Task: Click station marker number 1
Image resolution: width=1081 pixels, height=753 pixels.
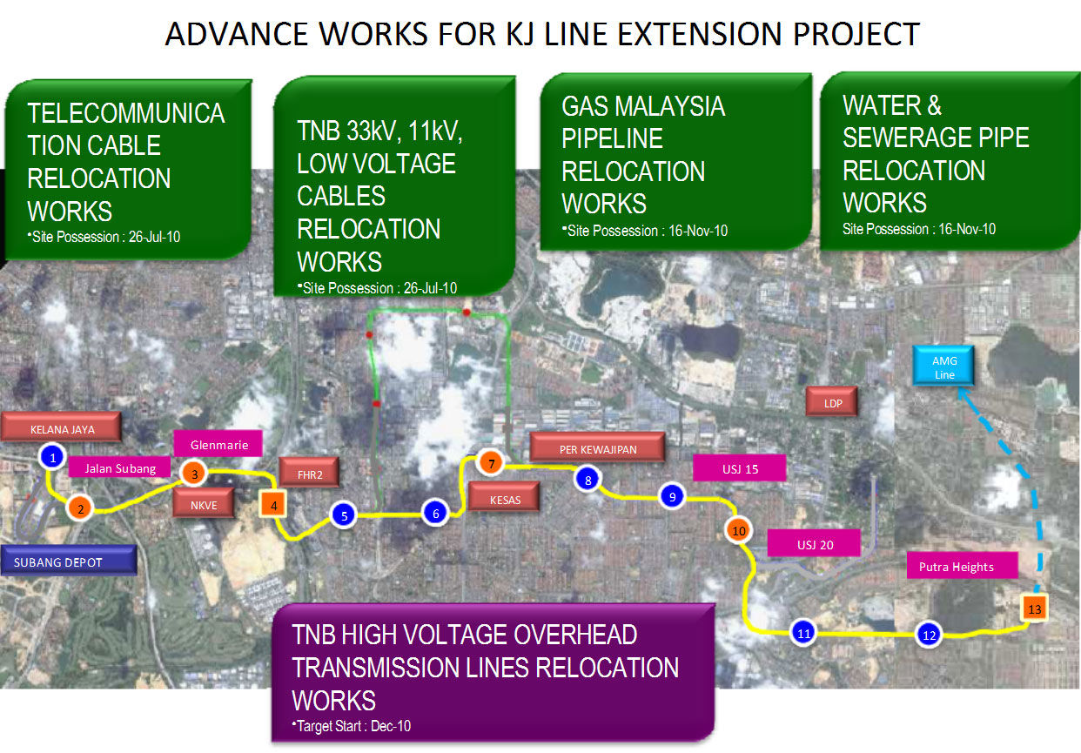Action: click(52, 457)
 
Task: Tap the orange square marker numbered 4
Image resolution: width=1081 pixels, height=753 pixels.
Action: click(273, 505)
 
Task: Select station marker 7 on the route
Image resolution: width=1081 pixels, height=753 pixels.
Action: click(491, 463)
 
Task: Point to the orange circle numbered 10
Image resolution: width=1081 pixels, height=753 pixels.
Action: click(738, 530)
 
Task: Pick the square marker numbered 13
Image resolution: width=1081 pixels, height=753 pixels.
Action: click(1035, 608)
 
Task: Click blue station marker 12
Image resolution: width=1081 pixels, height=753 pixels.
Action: click(929, 635)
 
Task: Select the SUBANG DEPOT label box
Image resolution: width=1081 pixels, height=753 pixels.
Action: click(69, 561)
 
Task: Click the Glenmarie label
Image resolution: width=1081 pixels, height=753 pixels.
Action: click(218, 444)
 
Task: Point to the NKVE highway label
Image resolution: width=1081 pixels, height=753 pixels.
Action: click(204, 504)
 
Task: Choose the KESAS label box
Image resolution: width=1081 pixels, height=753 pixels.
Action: click(505, 498)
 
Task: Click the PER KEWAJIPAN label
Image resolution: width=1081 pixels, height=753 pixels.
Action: click(597, 447)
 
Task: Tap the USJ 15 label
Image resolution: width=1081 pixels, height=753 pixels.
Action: click(739, 468)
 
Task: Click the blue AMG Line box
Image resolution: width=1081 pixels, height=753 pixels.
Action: click(943, 366)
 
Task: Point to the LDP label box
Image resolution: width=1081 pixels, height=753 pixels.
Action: click(832, 402)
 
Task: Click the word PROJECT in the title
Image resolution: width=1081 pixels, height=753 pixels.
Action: click(856, 34)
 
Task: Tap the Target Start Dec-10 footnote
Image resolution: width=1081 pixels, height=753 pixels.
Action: click(352, 725)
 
